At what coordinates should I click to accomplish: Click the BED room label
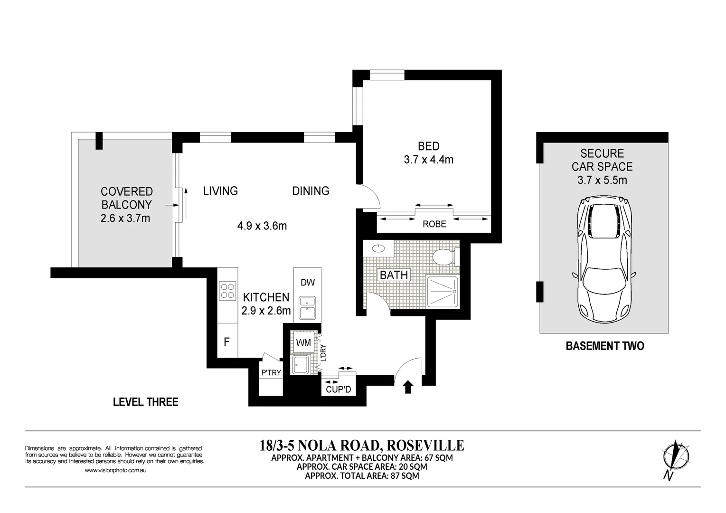pos(428,146)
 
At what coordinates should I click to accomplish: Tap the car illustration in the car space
pos(603,261)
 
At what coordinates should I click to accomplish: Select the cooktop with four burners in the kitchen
pos(228,291)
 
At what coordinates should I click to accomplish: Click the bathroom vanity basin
pos(378,248)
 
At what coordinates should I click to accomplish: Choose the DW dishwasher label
pos(308,283)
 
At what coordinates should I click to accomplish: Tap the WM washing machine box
pos(303,342)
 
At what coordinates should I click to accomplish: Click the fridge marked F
pos(227,342)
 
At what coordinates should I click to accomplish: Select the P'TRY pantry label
pos(271,373)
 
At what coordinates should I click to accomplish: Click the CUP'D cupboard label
pos(338,389)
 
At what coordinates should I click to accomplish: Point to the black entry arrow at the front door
pos(407,387)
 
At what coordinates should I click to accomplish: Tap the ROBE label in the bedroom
pos(434,224)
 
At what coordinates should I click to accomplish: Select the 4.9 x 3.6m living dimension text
pos(262,226)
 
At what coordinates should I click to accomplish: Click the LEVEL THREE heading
pos(145,402)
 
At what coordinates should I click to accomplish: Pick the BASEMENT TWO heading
pos(604,346)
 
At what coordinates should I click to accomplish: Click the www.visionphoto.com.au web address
pos(115,470)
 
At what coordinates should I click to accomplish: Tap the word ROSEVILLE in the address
pos(425,445)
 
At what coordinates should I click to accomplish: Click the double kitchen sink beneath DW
pos(307,307)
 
